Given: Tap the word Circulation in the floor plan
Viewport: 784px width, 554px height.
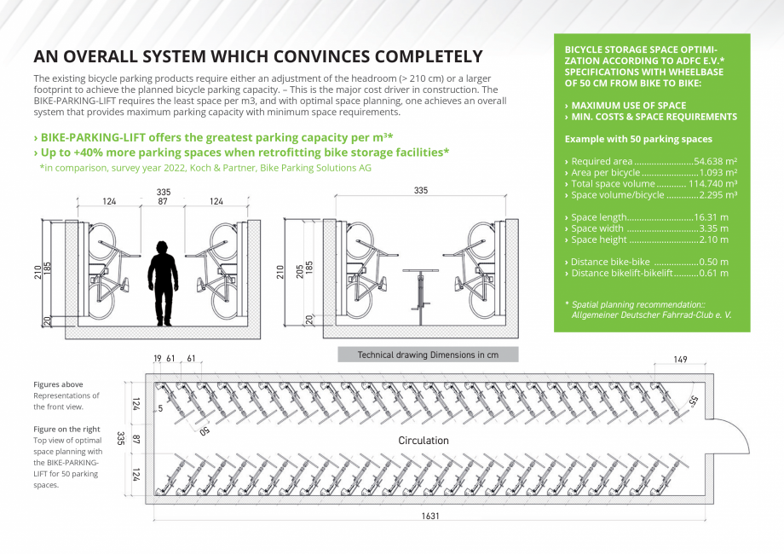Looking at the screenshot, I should point(424,441).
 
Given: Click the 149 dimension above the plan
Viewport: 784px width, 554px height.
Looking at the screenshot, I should point(680,361).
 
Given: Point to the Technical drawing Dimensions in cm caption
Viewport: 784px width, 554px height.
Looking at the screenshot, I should point(428,355).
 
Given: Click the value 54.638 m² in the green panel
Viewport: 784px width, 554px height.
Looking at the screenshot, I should point(715,161).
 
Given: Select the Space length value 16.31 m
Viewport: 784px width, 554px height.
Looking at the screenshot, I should point(711,217).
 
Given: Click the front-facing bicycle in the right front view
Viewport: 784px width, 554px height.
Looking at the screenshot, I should point(418,290).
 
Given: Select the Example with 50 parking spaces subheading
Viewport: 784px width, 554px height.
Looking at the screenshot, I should point(638,139).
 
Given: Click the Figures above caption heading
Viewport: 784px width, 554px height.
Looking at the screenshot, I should point(59,384).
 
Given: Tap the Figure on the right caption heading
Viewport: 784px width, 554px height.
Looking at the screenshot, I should point(67,429).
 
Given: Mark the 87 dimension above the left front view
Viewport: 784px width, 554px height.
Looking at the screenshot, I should point(163,201).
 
